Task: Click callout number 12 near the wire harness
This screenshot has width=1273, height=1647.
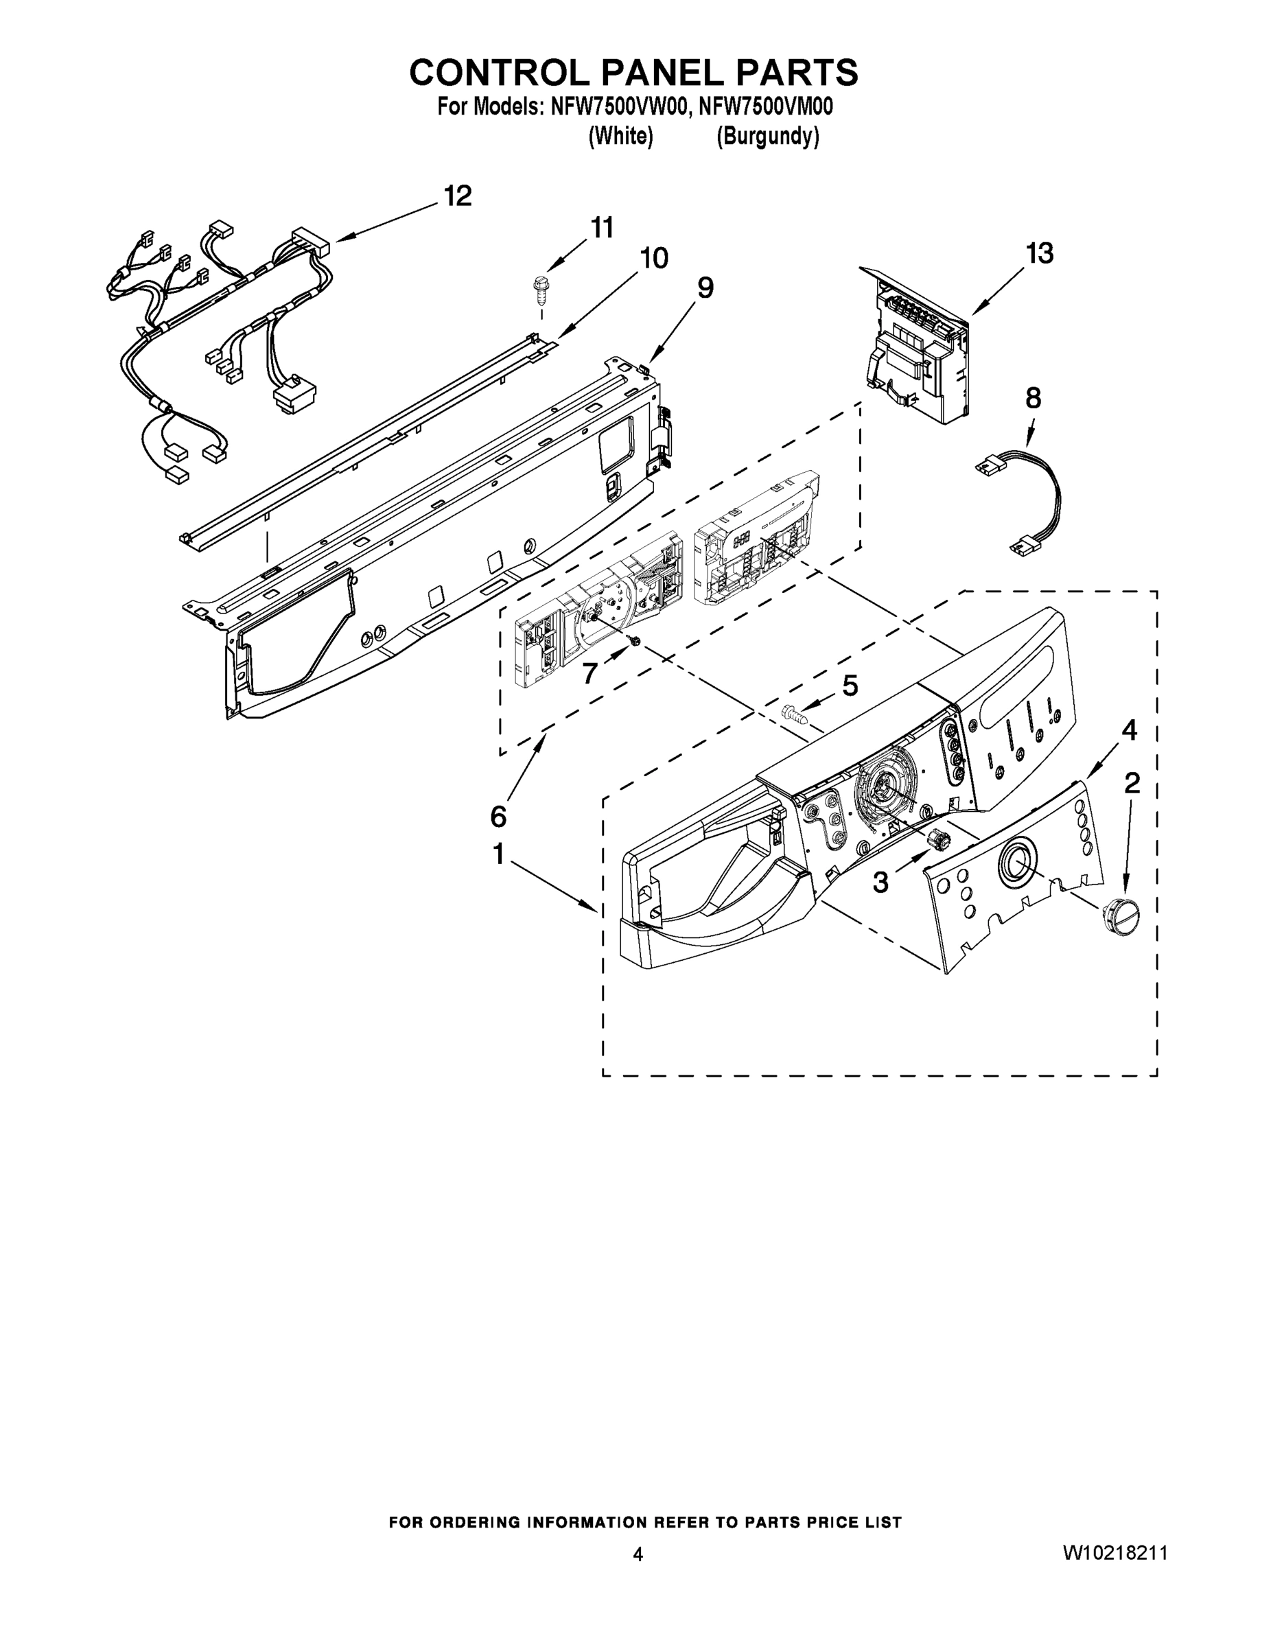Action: [457, 196]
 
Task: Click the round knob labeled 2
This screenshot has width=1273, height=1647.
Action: [1121, 916]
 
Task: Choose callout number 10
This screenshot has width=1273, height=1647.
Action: [653, 258]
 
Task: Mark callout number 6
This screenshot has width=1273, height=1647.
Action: [498, 816]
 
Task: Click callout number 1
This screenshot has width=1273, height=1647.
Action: [498, 854]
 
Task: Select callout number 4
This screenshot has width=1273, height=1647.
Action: [1129, 729]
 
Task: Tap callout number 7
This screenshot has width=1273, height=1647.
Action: [589, 673]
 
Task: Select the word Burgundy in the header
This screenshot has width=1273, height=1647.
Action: [767, 137]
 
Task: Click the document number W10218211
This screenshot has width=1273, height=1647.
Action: [1114, 1553]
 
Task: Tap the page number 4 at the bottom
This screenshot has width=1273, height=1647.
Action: [638, 1554]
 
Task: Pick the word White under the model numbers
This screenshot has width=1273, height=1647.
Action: [620, 137]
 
